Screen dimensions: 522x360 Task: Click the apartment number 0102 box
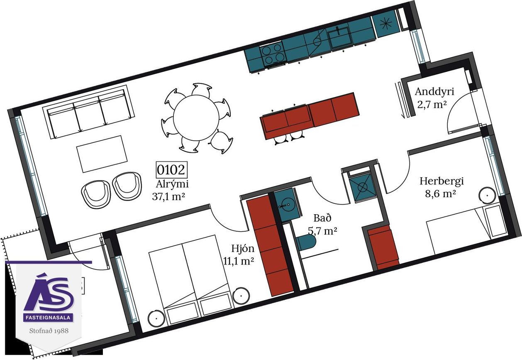pos(171,169)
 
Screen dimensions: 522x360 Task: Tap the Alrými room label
pos(172,184)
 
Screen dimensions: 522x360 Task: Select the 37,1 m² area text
pos(168,196)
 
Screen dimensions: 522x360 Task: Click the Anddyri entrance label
pos(434,92)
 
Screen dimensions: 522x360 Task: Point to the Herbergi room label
pos(442,181)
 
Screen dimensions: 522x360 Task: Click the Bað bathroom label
pos(322,218)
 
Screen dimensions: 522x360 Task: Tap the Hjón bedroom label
pos(243,249)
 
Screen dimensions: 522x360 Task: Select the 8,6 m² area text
pos(440,194)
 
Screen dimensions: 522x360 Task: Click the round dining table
pos(196,118)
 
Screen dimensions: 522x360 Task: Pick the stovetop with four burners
pos(273,54)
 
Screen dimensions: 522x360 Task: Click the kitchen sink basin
pos(340,37)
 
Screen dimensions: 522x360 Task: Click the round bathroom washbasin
pos(287,206)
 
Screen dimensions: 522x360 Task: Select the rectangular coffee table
pos(102,154)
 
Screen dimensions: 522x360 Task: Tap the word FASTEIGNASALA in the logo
pos(49,318)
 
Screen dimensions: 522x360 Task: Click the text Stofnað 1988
pos(49,331)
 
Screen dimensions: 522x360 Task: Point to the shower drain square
pos(362,186)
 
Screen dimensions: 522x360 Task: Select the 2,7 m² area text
pos(432,105)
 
